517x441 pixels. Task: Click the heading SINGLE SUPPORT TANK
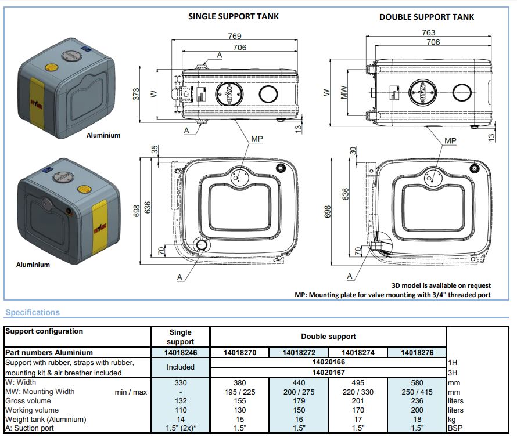[233, 16]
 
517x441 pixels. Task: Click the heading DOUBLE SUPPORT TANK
[426, 17]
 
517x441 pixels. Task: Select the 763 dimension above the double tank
[428, 33]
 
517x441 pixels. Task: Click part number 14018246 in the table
[180, 352]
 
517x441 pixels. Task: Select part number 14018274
[357, 352]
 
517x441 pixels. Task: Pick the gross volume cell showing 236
[417, 401]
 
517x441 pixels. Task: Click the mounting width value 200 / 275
[299, 392]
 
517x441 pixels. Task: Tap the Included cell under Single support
[180, 367]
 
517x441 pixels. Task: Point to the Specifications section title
[33, 312]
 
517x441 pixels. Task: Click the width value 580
[417, 382]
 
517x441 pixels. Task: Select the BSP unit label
[455, 428]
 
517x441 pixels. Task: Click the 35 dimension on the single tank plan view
[155, 149]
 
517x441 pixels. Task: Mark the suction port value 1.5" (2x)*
[180, 428]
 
